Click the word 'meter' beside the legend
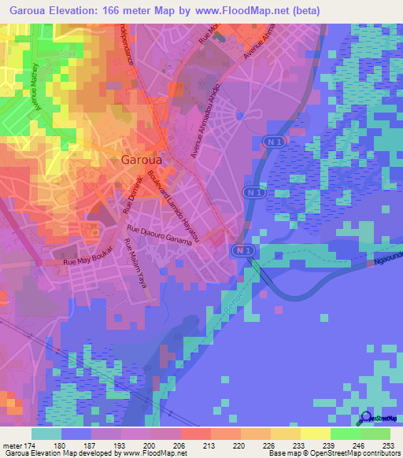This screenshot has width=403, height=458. click(13, 445)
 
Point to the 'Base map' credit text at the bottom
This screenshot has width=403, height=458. click(285, 454)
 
